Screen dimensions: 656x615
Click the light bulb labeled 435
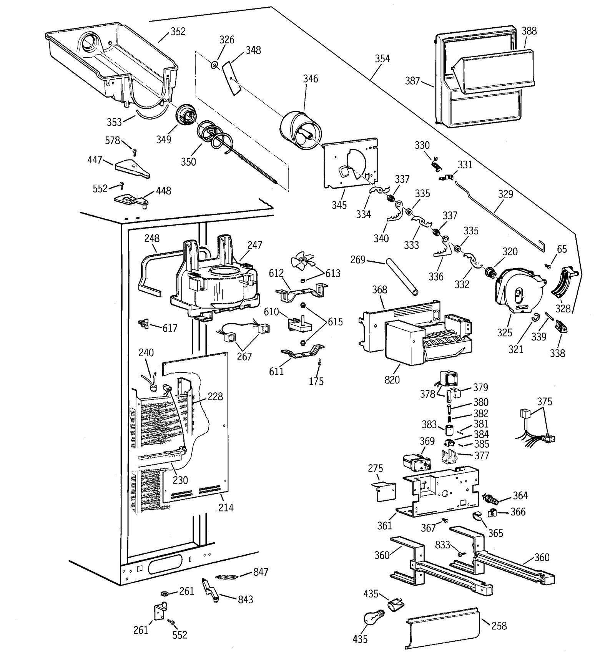pyautogui.click(x=373, y=619)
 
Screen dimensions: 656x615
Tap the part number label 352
pyautogui.click(x=178, y=32)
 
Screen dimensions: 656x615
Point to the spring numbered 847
pyautogui.click(x=227, y=577)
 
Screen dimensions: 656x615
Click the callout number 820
pyautogui.click(x=392, y=380)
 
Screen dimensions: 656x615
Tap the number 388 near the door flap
pyautogui.click(x=529, y=31)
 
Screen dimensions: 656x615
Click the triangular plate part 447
pyautogui.click(x=132, y=169)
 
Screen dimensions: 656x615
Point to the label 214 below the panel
pyautogui.click(x=226, y=508)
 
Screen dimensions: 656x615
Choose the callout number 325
pyautogui.click(x=504, y=332)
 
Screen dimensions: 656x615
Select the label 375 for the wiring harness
pyautogui.click(x=544, y=402)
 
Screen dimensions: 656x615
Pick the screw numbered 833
pyautogui.click(x=460, y=554)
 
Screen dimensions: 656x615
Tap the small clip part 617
pyautogui.click(x=144, y=324)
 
